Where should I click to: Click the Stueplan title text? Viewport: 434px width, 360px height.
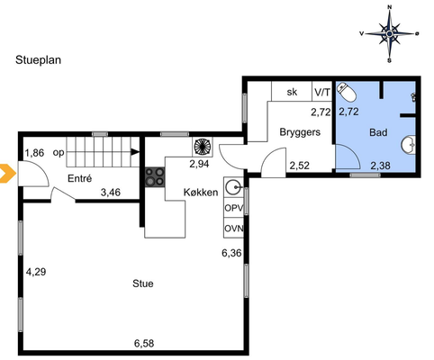coord(38,60)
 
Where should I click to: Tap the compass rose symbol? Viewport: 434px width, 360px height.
coord(389,33)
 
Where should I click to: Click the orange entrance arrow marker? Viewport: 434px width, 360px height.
coord(7,174)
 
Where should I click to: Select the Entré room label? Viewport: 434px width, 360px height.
coord(79,178)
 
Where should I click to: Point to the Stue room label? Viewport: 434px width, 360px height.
coord(143,283)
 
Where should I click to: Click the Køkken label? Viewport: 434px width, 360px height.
coord(201,193)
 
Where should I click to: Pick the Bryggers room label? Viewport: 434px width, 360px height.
coord(300,132)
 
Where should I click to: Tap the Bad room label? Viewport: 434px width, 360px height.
coord(378,132)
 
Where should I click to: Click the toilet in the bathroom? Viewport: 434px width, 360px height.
coord(347,92)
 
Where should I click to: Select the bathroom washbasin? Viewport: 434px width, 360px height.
coord(409,145)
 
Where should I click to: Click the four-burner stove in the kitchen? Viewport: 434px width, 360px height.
coord(155,177)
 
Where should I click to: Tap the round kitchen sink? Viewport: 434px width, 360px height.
coord(233,188)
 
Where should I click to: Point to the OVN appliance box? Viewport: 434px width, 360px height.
coord(233,228)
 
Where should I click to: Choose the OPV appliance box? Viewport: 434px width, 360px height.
coord(233,207)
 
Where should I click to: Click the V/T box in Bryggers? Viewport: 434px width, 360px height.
coord(322,91)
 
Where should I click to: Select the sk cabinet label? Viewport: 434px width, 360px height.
coord(292,92)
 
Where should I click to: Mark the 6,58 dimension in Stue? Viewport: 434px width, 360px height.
coord(144,343)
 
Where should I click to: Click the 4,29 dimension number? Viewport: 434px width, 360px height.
coord(36,272)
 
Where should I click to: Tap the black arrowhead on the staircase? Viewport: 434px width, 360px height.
coord(136,152)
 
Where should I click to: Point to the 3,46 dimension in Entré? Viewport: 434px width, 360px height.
coord(111,193)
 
